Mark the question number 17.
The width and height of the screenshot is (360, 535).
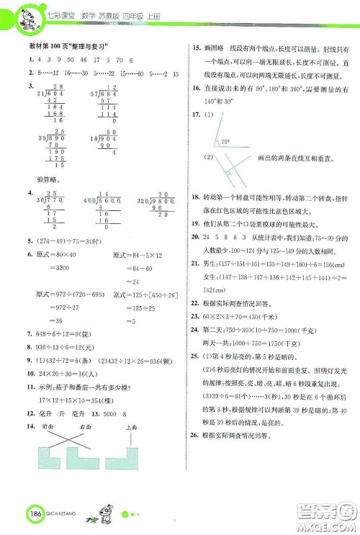pos(194,115)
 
